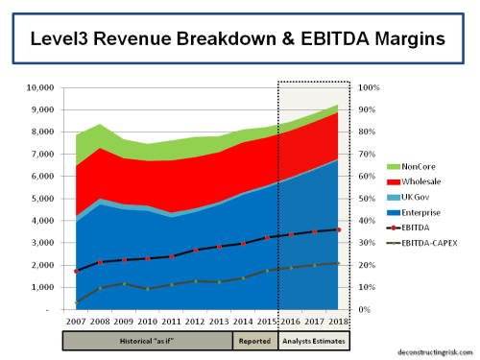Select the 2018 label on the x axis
[339, 321]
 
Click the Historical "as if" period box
[147, 339]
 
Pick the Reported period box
[254, 339]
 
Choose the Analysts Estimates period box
[314, 339]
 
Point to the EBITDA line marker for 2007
[76, 272]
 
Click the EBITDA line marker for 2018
[339, 229]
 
